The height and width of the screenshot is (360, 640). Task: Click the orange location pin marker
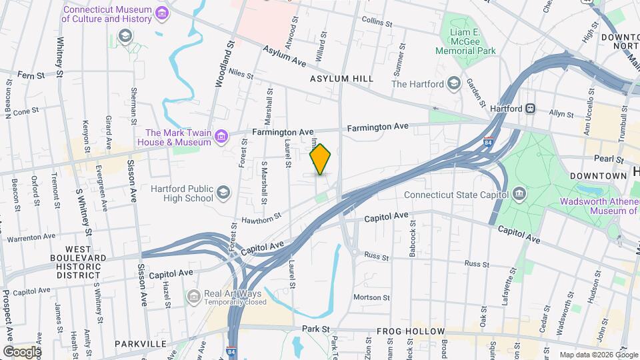coord(321,159)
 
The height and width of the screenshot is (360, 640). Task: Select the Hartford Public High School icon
coord(223,193)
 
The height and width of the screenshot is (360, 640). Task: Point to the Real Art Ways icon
coord(193,295)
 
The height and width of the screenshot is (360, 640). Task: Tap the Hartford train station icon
coord(531,108)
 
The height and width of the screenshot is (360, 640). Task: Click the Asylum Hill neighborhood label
coord(341,79)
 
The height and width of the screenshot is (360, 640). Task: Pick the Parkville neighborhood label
coord(140,343)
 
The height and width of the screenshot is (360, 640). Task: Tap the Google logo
coord(21,351)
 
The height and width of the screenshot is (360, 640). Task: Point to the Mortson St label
coord(371,297)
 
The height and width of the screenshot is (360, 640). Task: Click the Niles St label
coord(241,71)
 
